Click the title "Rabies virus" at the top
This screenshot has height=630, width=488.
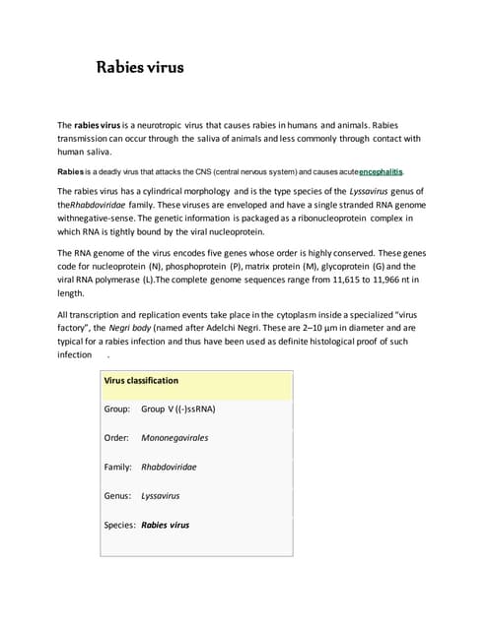click(x=139, y=68)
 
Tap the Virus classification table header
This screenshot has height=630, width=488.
click(x=141, y=380)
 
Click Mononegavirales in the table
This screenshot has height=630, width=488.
click(x=174, y=437)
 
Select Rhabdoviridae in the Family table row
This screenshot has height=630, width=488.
click(x=169, y=467)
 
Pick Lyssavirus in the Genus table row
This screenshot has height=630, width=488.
click(x=161, y=496)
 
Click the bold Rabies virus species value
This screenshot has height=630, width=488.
click(x=166, y=525)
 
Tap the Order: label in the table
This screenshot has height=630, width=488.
click(x=117, y=437)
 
